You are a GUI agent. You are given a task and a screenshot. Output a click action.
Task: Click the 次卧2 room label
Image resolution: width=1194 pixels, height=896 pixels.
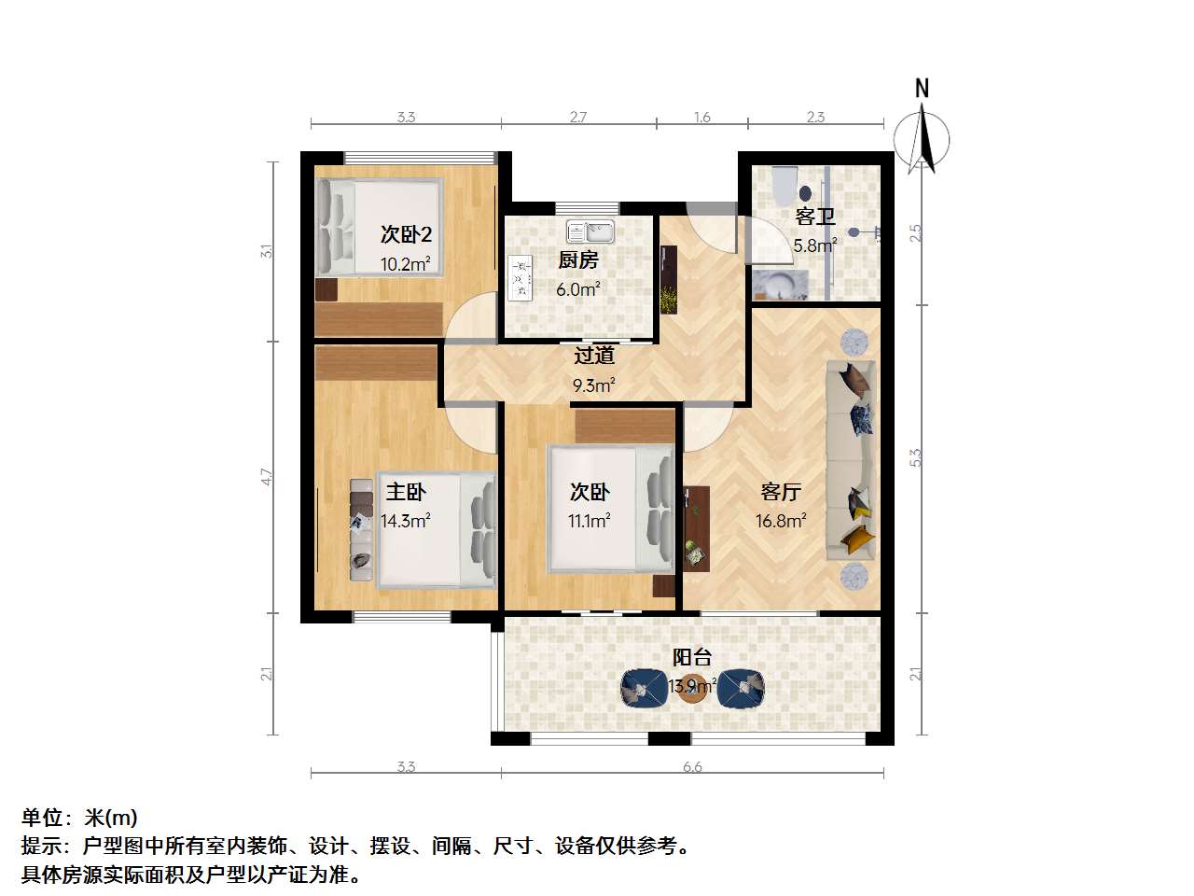coord(406,234)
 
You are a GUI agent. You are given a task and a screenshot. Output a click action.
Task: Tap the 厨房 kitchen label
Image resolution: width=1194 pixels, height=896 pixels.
coord(578,260)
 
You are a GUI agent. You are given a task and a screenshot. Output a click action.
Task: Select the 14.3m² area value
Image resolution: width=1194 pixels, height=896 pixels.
coord(406,521)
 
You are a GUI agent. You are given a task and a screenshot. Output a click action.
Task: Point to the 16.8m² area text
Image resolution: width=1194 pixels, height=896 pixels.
coord(781,521)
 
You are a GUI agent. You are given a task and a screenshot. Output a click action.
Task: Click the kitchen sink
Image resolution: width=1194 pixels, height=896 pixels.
coord(590,231)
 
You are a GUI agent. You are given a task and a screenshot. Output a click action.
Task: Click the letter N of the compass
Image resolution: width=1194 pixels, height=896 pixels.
coord(922,89)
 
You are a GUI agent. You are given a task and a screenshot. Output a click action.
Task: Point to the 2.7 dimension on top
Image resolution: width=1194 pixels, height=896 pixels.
coord(578,117)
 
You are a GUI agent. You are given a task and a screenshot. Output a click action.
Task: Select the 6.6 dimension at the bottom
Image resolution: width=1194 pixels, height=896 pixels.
coord(692,766)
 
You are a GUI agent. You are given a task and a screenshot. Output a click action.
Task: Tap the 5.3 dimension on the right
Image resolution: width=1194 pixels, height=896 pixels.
coord(916,457)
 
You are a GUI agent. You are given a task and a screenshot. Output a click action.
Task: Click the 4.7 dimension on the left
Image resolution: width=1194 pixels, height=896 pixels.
coord(267,477)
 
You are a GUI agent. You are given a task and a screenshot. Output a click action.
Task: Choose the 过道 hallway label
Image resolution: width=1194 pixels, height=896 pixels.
coord(594,356)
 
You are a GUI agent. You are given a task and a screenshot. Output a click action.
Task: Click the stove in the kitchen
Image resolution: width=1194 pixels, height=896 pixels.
coord(520,278)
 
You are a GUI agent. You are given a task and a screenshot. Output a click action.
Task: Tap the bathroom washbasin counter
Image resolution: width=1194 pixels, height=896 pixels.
coord(780,285)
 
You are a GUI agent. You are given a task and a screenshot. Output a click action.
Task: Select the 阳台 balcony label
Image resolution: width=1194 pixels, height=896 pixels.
coord(692,658)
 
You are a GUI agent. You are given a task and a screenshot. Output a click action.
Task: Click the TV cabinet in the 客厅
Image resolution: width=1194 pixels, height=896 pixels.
coord(697,528)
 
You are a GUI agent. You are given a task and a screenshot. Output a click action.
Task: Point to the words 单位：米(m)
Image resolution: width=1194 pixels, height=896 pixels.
coord(79,818)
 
